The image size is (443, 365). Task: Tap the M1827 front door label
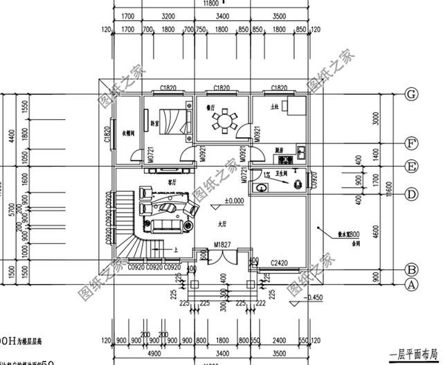pos(222,244)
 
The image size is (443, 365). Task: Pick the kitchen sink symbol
pos(302,150)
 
